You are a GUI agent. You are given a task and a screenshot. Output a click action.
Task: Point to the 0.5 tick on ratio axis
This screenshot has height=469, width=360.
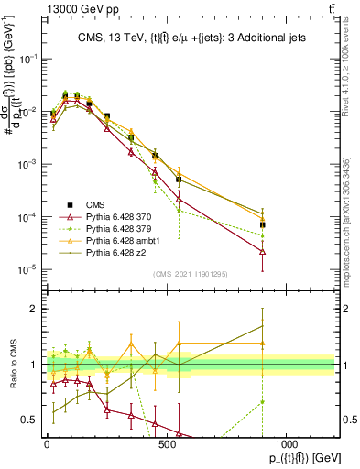[x=30, y=420]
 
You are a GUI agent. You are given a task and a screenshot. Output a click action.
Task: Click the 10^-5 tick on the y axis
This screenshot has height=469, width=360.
[x=28, y=269]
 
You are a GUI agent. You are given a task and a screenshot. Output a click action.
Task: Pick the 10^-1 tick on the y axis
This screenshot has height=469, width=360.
[x=28, y=58]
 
